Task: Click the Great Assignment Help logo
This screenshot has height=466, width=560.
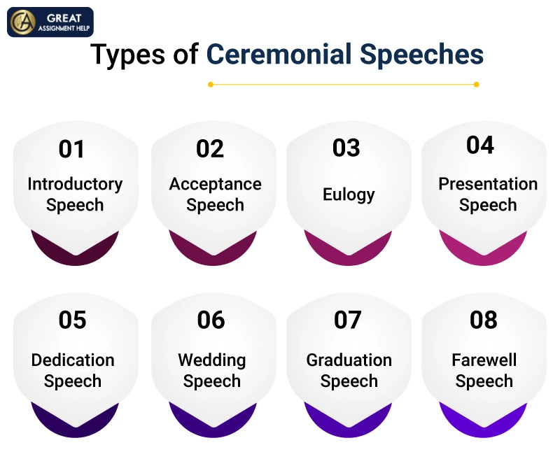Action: point(50,22)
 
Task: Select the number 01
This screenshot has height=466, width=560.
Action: point(71,149)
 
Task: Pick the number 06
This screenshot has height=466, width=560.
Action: point(211,320)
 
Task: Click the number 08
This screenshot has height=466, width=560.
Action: point(484,320)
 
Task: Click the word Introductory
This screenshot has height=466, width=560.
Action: point(75,184)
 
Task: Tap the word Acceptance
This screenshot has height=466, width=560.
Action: point(215,184)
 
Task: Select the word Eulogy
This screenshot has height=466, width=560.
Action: point(349,195)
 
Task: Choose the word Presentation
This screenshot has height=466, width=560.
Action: point(488,184)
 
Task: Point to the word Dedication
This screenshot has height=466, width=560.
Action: point(73,360)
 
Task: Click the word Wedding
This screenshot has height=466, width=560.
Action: point(212,360)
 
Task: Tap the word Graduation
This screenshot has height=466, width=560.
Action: point(349,360)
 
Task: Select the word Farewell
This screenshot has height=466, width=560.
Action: point(484,360)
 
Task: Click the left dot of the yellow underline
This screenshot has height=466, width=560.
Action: point(210,84)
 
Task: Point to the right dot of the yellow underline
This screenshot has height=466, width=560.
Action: point(476,84)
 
